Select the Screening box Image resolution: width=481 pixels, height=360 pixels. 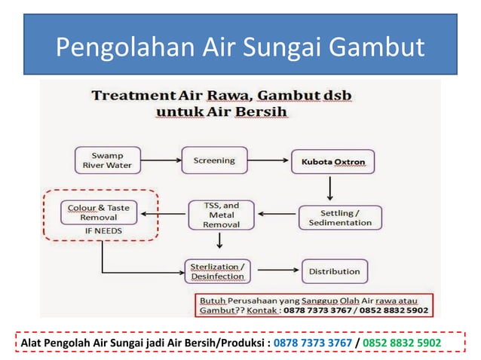(214, 160)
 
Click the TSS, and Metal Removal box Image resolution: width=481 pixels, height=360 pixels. (222, 215)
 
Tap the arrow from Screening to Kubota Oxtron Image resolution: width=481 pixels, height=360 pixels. (268, 160)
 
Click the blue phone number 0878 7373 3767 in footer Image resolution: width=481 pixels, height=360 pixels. (312, 343)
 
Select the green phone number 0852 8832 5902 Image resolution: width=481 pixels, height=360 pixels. (402, 343)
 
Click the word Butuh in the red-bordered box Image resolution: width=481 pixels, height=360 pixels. (213, 299)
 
